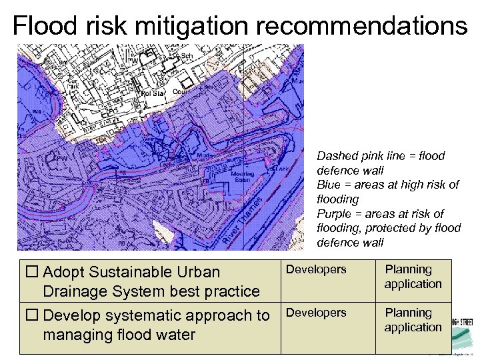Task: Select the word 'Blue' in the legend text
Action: click(x=329, y=185)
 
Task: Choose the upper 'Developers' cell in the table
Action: click(x=316, y=270)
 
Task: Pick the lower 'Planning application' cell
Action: click(x=413, y=320)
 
